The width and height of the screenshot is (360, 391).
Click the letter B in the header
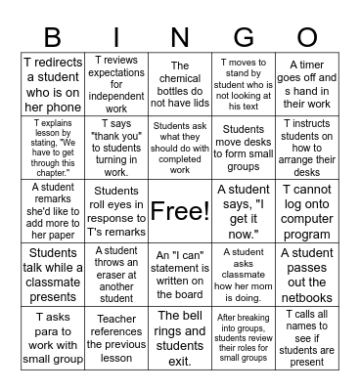54,37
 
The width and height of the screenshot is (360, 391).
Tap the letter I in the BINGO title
117,37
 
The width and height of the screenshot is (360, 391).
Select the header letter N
180,37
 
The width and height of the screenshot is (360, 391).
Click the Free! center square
180,210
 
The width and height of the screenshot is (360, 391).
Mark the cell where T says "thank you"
117,148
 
